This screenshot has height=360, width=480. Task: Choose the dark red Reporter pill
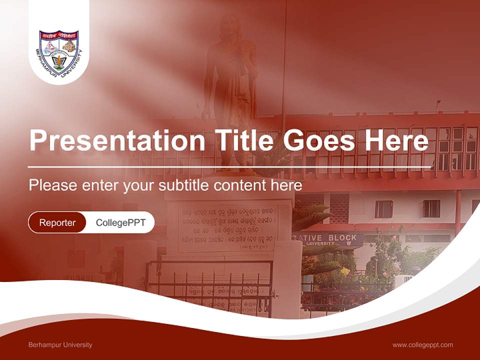[x=57, y=222]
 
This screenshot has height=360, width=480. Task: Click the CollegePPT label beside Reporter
[x=120, y=222]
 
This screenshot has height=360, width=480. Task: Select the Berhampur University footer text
[x=60, y=345]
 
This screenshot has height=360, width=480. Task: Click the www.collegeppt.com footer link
[x=422, y=345]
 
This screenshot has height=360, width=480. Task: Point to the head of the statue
[x=230, y=25]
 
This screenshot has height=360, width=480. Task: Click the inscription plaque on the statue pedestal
[x=228, y=228]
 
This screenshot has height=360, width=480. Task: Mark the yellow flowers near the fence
[x=345, y=271]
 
